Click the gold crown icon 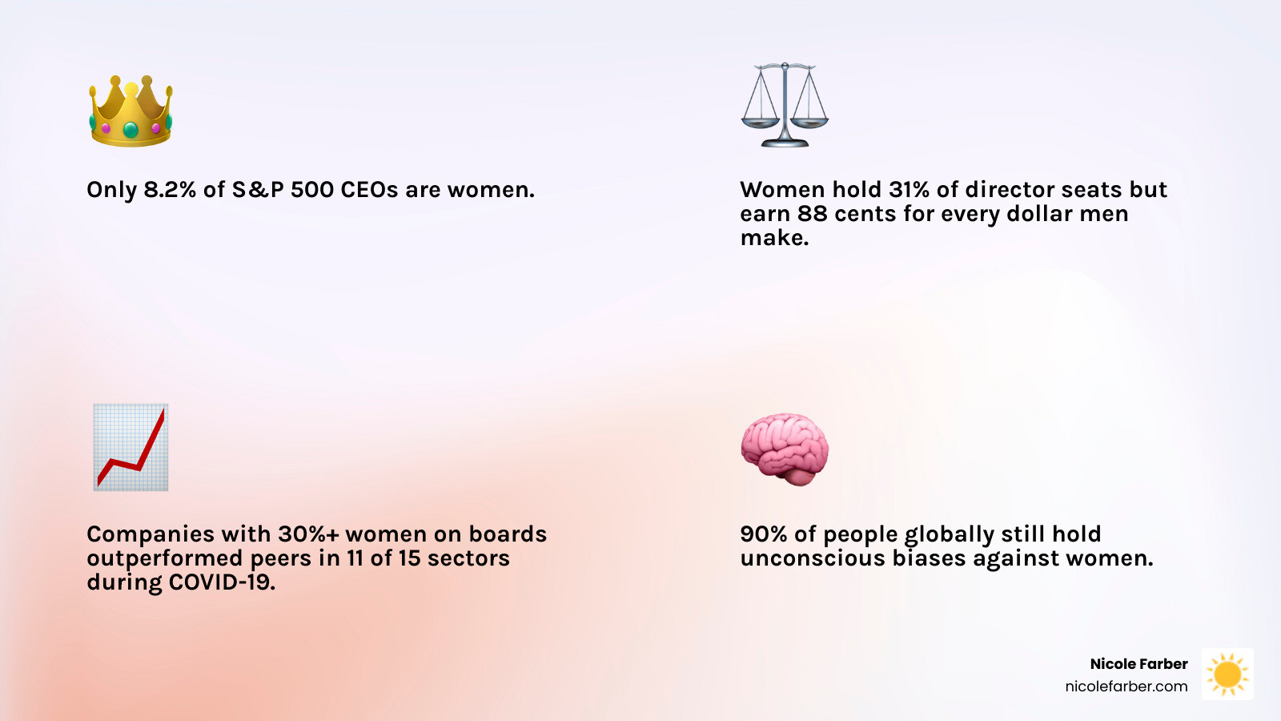pyautogui.click(x=131, y=111)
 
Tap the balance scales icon pyautogui.click(x=785, y=105)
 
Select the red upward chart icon pyautogui.click(x=131, y=447)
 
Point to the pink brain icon pyautogui.click(x=785, y=449)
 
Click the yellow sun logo pyautogui.click(x=1227, y=674)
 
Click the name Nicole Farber pyautogui.click(x=1138, y=664)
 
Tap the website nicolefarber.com pyautogui.click(x=1126, y=686)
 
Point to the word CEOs pyautogui.click(x=369, y=189)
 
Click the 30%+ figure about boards pyautogui.click(x=308, y=534)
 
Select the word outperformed pyautogui.click(x=165, y=558)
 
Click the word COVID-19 pyautogui.click(x=222, y=582)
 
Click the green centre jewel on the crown pyautogui.click(x=131, y=130)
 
